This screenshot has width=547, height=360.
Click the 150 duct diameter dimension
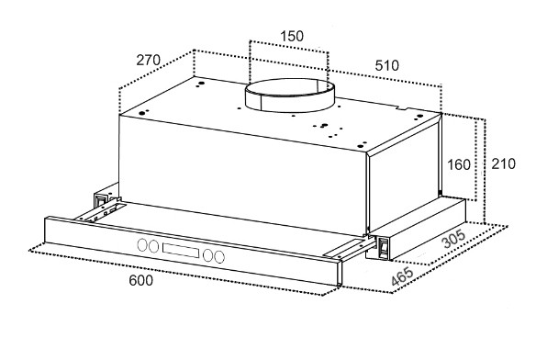pyautogui.click(x=292, y=36)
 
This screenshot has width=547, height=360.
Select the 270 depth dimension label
pyautogui.click(x=149, y=60)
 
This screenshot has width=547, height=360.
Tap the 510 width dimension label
pyautogui.click(x=387, y=65)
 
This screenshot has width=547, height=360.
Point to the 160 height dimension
pyautogui.click(x=459, y=164)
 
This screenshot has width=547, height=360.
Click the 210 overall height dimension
pyautogui.click(x=503, y=163)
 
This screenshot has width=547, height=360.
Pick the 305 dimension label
pyautogui.click(x=454, y=239)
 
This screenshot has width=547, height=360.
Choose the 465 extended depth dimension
pyautogui.click(x=402, y=276)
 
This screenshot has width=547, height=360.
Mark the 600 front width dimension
pyautogui.click(x=141, y=280)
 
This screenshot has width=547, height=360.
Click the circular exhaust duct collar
pyautogui.click(x=290, y=96)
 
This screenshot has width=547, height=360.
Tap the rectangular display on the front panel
pyautogui.click(x=181, y=250)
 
